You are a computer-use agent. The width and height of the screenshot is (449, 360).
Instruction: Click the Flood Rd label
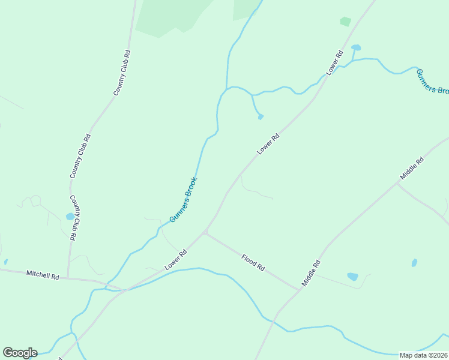point(253,263)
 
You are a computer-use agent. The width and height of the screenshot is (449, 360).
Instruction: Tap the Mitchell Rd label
point(43,275)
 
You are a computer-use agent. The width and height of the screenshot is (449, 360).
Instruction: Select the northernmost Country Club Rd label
point(122,73)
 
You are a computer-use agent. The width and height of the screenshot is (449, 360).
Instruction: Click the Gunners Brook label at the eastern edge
point(432,81)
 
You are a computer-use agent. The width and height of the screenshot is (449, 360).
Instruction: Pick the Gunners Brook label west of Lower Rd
point(183,199)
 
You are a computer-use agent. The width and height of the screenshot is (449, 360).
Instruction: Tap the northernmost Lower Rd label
point(334,63)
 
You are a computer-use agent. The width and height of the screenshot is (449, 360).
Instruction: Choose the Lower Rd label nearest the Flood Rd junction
point(176,260)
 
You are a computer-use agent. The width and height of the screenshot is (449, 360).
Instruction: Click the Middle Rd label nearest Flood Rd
point(312,272)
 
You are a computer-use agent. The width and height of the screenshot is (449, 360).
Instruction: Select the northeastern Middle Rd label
point(412,169)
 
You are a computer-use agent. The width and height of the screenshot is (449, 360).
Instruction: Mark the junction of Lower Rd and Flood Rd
point(205,233)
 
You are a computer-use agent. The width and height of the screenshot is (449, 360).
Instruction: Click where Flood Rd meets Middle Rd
point(298,290)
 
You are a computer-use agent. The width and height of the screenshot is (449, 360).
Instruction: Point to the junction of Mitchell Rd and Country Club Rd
point(68,278)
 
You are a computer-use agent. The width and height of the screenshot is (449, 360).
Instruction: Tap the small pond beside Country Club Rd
point(70,216)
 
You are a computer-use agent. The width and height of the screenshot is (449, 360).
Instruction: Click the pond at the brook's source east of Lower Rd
point(356,47)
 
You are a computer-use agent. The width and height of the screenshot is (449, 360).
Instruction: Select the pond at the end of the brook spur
point(261,116)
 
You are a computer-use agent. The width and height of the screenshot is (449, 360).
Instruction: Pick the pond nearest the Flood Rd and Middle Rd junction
point(352,277)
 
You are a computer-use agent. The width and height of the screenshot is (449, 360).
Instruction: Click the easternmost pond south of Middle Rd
point(414,263)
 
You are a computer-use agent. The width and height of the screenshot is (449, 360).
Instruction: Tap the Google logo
point(20,353)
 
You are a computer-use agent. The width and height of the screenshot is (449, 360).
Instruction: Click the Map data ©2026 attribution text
point(423,355)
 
